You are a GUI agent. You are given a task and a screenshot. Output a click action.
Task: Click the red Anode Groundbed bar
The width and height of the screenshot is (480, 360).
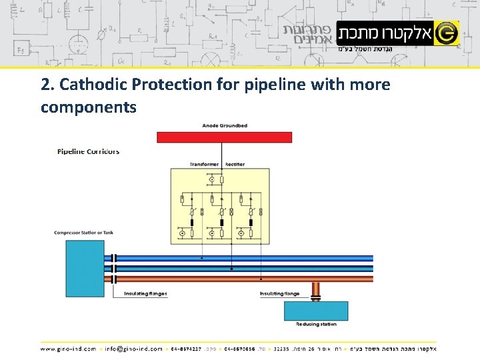coord(224,137)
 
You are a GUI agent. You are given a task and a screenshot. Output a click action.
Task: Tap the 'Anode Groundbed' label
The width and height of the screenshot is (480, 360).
coord(225,126)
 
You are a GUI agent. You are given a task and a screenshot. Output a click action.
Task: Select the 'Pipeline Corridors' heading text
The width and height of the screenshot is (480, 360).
coord(89,151)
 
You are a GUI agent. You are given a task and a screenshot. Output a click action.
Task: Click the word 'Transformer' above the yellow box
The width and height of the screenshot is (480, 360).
coord(204,164)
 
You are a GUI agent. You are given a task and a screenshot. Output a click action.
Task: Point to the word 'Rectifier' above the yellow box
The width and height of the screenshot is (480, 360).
coord(235,164)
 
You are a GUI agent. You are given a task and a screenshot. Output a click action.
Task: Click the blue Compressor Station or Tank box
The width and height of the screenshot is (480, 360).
coord(85,269)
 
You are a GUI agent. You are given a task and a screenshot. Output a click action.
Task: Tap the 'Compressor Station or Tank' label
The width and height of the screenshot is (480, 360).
coord(84,233)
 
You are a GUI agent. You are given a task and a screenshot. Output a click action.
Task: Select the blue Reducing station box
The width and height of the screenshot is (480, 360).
coord(316,311)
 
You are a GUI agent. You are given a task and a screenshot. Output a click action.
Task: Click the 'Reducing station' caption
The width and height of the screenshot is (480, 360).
coord(316,324)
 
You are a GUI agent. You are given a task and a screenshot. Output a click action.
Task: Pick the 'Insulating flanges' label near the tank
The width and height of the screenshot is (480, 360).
coord(145,293)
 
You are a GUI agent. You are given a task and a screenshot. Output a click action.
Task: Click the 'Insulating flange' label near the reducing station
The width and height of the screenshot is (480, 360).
coord(279,293)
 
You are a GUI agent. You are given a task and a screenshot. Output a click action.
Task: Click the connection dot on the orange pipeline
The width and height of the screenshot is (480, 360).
coord(261,279)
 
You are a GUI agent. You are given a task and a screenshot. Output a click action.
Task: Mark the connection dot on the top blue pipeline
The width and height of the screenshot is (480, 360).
coord(202,258)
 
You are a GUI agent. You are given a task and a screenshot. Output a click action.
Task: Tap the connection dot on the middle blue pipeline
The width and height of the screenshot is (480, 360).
coord(231,269)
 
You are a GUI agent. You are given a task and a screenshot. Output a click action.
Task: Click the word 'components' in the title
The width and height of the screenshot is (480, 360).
coord(88,107)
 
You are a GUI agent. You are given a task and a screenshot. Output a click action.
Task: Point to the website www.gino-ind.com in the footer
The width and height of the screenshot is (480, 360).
coord(68,349)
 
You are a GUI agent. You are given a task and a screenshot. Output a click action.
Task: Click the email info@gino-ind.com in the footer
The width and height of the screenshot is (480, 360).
coord(133,349)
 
